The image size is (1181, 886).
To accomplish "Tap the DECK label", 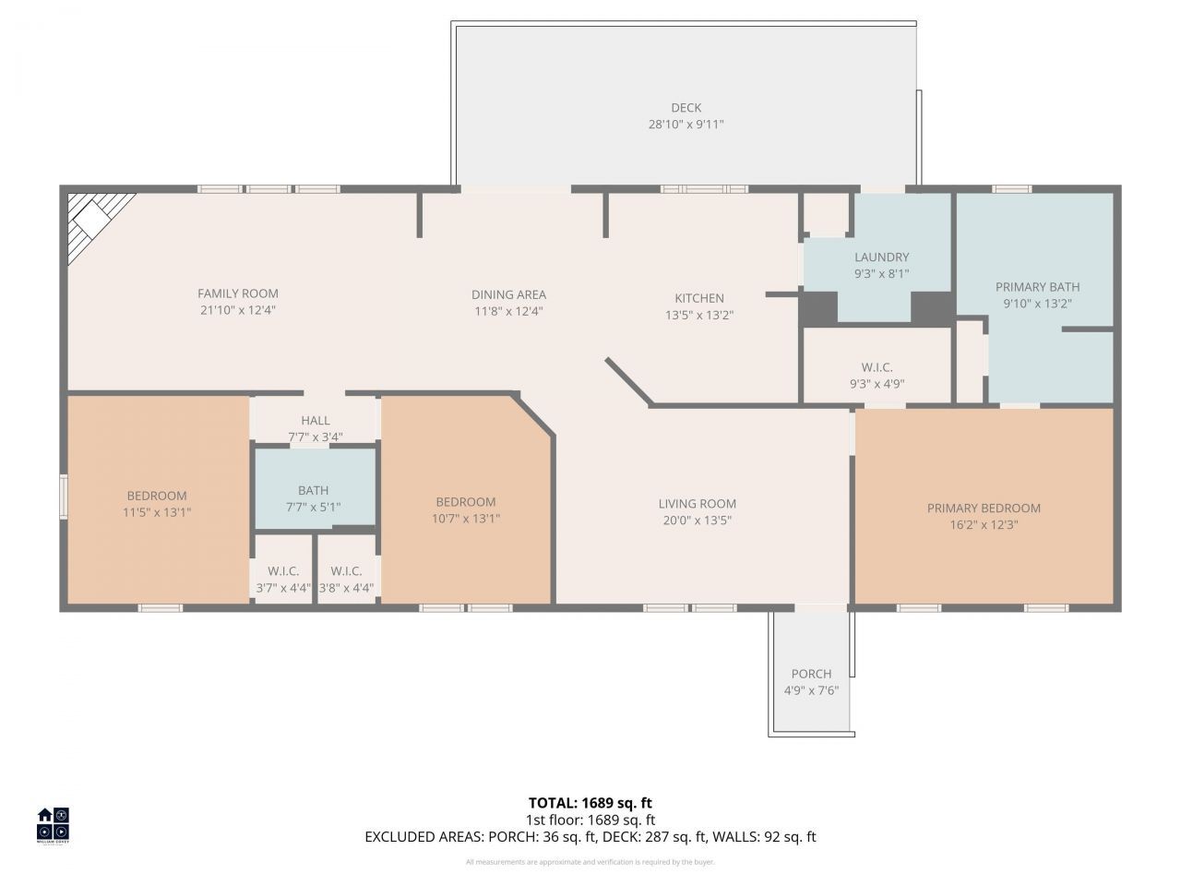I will [x=686, y=108].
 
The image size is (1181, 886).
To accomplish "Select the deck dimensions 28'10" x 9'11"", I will [x=686, y=125].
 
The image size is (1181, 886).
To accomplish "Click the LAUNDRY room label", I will [x=881, y=257].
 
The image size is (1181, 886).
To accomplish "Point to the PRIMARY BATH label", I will [x=1037, y=287].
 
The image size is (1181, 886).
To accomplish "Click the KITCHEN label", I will [x=699, y=298].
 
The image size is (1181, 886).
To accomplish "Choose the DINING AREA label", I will [x=508, y=294].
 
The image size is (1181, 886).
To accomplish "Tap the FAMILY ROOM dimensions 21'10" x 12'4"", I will [x=238, y=311].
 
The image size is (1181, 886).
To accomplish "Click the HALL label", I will [x=316, y=421].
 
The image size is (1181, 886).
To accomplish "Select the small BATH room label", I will [x=313, y=491].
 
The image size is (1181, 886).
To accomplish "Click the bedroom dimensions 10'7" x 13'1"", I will [x=466, y=519].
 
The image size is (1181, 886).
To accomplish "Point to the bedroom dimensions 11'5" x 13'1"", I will [x=157, y=512].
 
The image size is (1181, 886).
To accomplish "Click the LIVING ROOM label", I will [x=697, y=504].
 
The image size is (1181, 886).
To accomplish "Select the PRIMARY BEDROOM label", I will [x=984, y=509].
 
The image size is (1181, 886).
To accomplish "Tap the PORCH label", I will [x=811, y=674].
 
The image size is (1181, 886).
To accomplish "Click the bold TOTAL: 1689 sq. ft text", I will [x=590, y=803].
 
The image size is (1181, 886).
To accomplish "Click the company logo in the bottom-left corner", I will [x=53, y=825].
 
